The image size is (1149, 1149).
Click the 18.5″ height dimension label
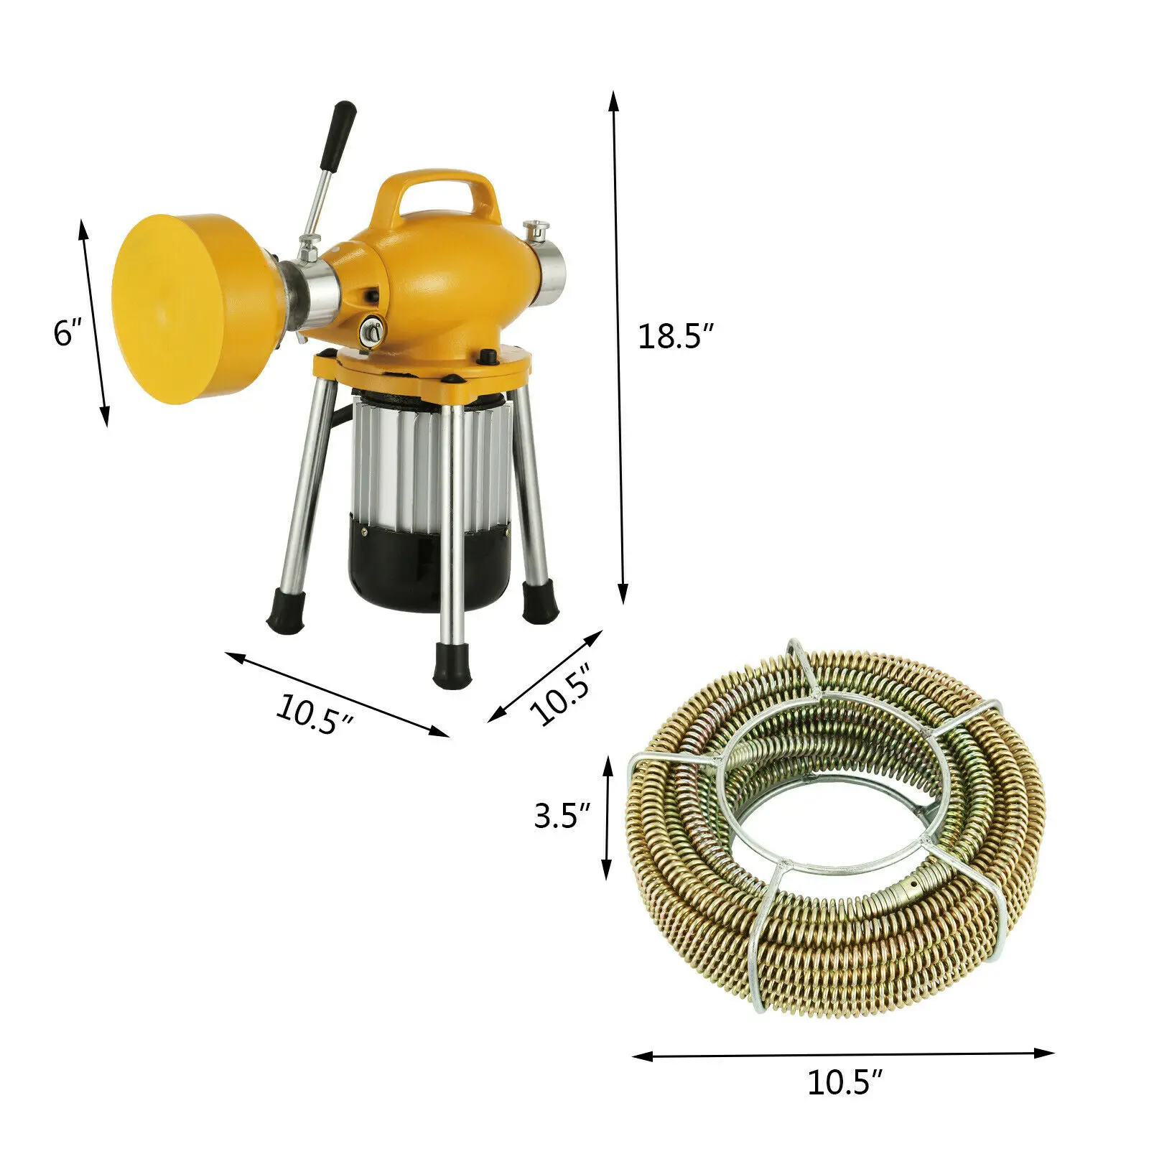click(x=676, y=336)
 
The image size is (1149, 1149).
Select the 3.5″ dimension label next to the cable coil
click(x=562, y=815)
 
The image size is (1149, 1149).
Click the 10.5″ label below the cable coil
click(x=845, y=1102)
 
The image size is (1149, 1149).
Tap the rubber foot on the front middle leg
click(x=450, y=664)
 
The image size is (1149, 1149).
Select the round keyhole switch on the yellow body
click(x=371, y=330)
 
